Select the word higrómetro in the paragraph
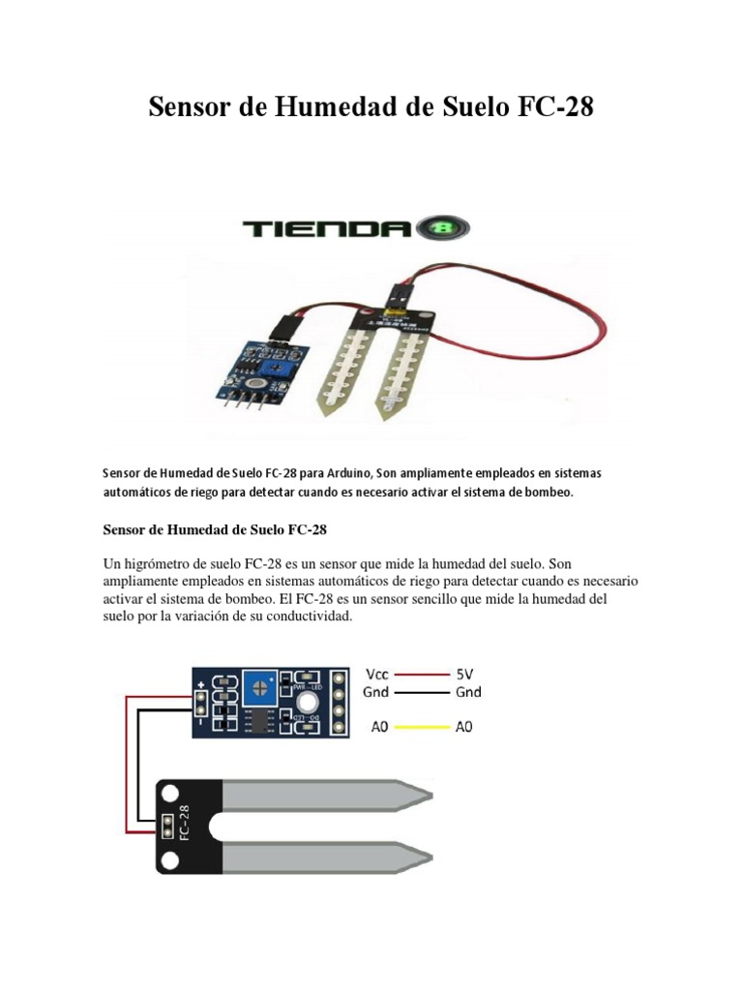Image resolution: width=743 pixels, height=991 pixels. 159,562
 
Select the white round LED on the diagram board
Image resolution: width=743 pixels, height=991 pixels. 309,704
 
